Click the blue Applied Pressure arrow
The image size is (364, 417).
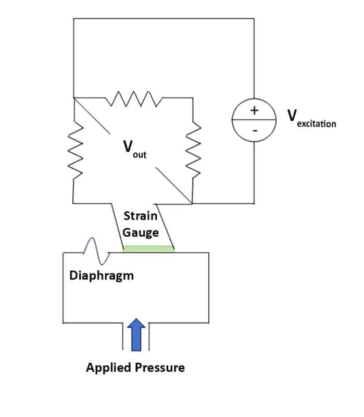pyautogui.click(x=137, y=334)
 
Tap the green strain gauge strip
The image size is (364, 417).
pyautogui.click(x=148, y=249)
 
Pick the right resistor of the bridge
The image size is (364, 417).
pyautogui.click(x=193, y=150)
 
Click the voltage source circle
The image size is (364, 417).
pyautogui.click(x=254, y=119)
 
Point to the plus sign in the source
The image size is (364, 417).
pyautogui.click(x=255, y=111)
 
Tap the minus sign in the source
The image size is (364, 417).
pyautogui.click(x=254, y=130)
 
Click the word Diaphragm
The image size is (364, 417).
pyautogui.click(x=101, y=275)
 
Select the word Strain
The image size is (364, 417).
pyautogui.click(x=141, y=215)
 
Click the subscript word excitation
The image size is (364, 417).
pyautogui.click(x=317, y=124)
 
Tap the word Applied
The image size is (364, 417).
pyautogui.click(x=108, y=367)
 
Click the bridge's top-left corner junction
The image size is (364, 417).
pyautogui.click(x=73, y=97)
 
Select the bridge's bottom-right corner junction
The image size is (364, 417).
pyautogui.click(x=193, y=202)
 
